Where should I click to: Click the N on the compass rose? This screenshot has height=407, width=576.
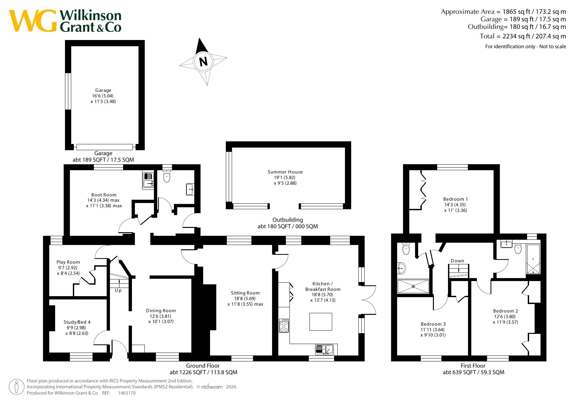pyautogui.click(x=203, y=61)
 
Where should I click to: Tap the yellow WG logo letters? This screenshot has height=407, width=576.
pyautogui.click(x=33, y=21)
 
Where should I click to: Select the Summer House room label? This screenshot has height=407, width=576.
pyautogui.click(x=285, y=172)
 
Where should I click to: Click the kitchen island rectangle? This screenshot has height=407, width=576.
pyautogui.click(x=321, y=321)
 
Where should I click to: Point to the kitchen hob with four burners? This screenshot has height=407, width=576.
pyautogui.click(x=284, y=325)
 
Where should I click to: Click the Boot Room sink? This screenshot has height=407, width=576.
pyautogui.click(x=148, y=180)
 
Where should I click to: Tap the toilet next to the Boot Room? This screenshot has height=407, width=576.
pyautogui.click(x=167, y=176)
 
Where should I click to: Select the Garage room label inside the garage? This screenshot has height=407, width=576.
pyautogui.click(x=103, y=90)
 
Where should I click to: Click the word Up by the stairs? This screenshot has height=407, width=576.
pyautogui.click(x=118, y=290)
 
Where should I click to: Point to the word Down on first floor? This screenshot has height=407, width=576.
pyautogui.click(x=458, y=261)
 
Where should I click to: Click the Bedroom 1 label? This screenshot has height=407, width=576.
pyautogui.click(x=456, y=199)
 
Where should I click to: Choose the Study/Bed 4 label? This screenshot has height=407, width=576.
pyautogui.click(x=77, y=322)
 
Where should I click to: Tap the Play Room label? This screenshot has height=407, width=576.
pyautogui.click(x=68, y=262)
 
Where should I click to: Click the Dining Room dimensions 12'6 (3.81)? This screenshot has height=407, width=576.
pyautogui.click(x=161, y=316)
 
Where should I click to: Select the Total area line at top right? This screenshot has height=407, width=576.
pyautogui.click(x=523, y=36)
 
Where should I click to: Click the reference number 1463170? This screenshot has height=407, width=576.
pyautogui.click(x=127, y=393)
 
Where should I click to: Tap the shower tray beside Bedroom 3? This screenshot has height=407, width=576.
pyautogui.click(x=413, y=286)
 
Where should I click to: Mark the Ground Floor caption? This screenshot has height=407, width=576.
pyautogui.click(x=203, y=366)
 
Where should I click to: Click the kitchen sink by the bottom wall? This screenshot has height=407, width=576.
pyautogui.click(x=324, y=350)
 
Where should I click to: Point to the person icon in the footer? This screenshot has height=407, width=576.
pyautogui.click(x=17, y=387)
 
